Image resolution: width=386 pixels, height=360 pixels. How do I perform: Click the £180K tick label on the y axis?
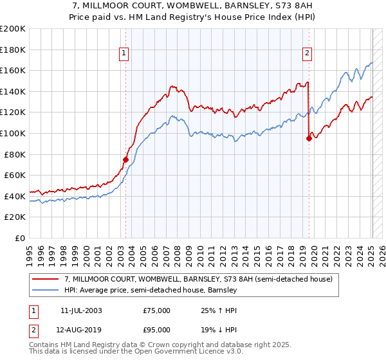(x=13, y=50)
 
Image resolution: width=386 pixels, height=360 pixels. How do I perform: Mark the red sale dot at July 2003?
(x=126, y=159)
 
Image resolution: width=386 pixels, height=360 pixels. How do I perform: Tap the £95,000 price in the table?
(x=156, y=332)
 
